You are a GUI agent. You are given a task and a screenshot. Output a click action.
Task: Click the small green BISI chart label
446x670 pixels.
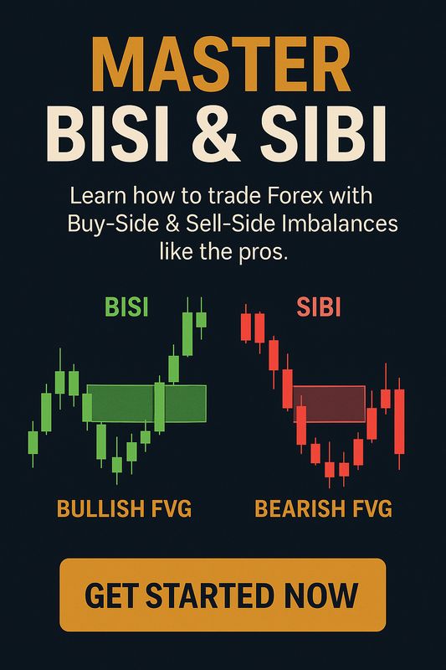[x=126, y=307]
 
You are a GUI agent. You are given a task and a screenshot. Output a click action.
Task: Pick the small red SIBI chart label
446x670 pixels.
[x=319, y=307]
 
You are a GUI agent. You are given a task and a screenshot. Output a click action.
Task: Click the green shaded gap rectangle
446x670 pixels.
[x=146, y=403]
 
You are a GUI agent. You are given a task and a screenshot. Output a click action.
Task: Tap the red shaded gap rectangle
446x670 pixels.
[x=329, y=403]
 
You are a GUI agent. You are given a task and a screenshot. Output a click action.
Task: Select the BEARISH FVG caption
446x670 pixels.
[x=323, y=508]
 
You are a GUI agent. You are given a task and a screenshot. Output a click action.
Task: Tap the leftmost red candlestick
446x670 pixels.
[x=246, y=327]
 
